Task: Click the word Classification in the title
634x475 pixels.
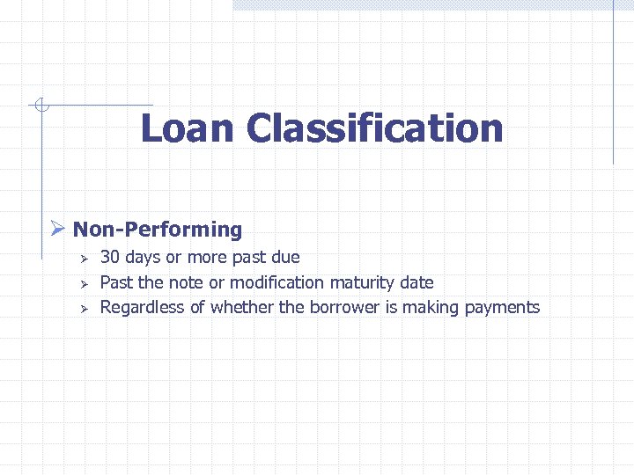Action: click(x=375, y=128)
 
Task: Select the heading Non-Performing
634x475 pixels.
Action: click(x=158, y=230)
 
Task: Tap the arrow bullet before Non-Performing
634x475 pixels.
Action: click(x=57, y=230)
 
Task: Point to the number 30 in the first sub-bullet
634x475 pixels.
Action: click(x=110, y=258)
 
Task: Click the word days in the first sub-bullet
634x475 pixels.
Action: click(x=143, y=258)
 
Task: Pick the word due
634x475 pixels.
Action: click(x=284, y=258)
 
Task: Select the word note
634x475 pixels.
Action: click(x=186, y=282)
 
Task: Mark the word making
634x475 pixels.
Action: click(x=430, y=308)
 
